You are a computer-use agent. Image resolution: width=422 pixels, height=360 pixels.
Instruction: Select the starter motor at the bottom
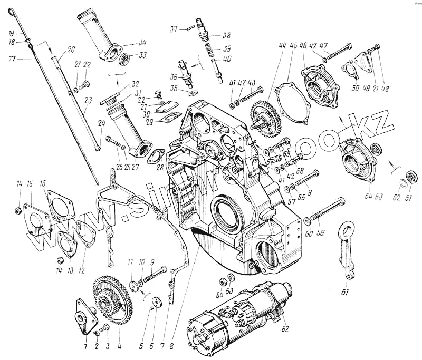237,316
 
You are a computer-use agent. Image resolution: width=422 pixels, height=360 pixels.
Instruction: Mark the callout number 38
227,36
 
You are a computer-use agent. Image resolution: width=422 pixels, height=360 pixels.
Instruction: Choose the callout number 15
31,184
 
